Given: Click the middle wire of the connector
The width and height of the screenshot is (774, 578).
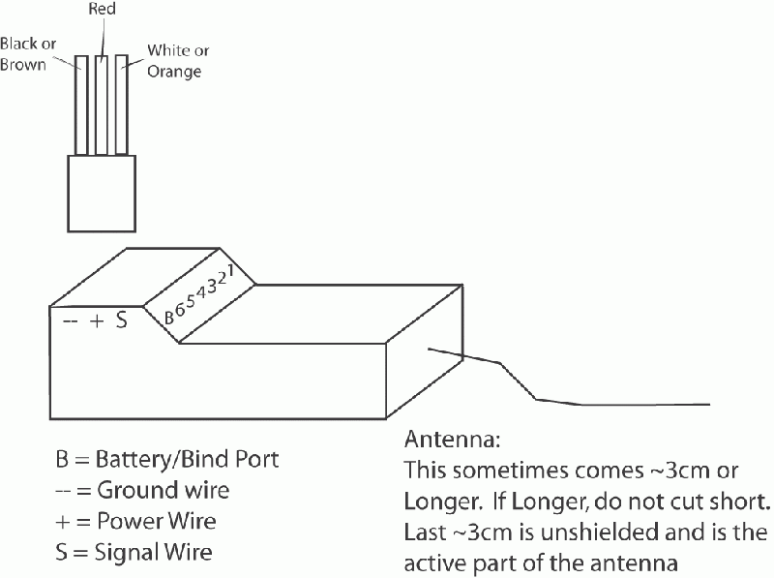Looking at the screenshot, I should [102, 106].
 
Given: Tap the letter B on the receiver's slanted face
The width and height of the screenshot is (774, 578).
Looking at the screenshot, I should [168, 315].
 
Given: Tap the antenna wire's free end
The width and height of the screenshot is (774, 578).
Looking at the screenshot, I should [709, 404].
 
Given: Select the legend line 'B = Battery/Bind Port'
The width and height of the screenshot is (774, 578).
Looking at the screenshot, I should [166, 459].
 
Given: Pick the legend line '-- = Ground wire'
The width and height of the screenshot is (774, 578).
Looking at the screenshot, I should [142, 491].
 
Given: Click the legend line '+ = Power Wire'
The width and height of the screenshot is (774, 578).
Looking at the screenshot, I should [136, 522].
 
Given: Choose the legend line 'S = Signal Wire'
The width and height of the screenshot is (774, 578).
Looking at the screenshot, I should [134, 553].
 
